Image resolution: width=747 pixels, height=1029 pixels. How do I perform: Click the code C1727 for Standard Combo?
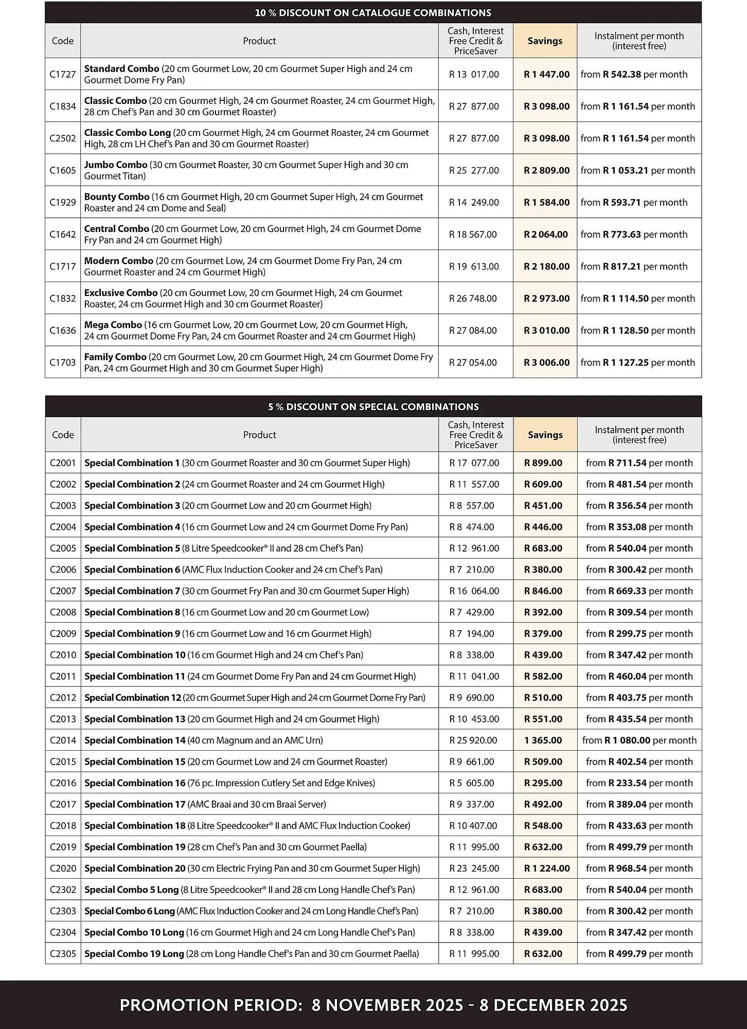point(62,74)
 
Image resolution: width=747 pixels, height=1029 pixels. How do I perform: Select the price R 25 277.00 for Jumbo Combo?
point(474,170)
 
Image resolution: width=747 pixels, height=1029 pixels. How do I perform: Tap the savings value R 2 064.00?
point(546,235)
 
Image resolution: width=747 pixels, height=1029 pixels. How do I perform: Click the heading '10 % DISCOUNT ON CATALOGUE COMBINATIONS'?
point(373,13)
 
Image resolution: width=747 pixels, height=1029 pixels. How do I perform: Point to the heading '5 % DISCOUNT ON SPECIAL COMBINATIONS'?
point(373,406)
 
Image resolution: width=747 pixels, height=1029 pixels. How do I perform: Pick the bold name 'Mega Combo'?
point(113,325)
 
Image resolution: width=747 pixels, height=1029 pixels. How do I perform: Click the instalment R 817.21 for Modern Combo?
point(621,267)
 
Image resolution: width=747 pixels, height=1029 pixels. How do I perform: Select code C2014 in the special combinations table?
point(63,740)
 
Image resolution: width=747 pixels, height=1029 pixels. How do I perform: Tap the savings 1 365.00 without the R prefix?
point(543,740)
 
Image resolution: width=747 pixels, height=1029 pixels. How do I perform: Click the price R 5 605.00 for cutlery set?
point(472,783)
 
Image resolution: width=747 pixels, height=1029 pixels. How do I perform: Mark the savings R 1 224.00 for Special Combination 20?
point(546,868)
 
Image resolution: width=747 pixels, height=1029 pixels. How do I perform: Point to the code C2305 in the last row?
point(63,954)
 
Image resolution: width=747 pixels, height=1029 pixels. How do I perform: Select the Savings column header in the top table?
point(545,41)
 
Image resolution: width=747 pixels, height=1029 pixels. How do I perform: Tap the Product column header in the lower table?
point(259,435)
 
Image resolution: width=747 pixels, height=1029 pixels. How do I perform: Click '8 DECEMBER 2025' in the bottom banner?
point(553,1005)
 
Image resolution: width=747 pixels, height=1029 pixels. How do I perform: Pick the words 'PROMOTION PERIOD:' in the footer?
point(211,1005)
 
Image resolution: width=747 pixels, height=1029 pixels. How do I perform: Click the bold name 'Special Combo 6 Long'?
point(130,911)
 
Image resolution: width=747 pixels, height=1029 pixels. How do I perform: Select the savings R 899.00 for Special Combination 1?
point(543,463)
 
